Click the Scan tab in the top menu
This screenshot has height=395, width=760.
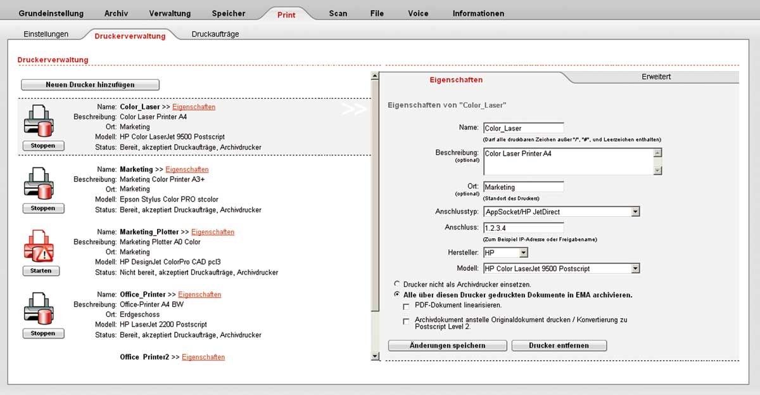[x=338, y=13]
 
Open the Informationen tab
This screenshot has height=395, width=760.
[x=478, y=13]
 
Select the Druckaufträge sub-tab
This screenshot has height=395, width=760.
[x=215, y=34]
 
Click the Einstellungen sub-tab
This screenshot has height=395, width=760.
[x=46, y=34]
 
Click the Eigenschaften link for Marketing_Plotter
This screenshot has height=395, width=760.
[x=213, y=232]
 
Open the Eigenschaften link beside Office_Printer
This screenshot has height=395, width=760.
[x=199, y=295]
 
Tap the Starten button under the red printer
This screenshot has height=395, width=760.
[x=41, y=271]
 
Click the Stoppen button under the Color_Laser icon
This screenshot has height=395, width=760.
[x=42, y=146]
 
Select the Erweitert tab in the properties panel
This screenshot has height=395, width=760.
[x=655, y=77]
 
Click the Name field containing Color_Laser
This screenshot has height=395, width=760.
[x=523, y=128]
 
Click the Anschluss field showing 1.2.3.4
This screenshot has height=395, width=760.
[x=523, y=228]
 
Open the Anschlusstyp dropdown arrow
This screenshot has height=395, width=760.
[x=635, y=212]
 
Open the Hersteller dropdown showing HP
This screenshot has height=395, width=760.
[x=523, y=253]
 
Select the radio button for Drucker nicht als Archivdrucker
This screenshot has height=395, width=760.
[x=397, y=284]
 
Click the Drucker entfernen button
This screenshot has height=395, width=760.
[x=559, y=346]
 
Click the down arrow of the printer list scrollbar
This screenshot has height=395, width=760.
[x=375, y=356]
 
